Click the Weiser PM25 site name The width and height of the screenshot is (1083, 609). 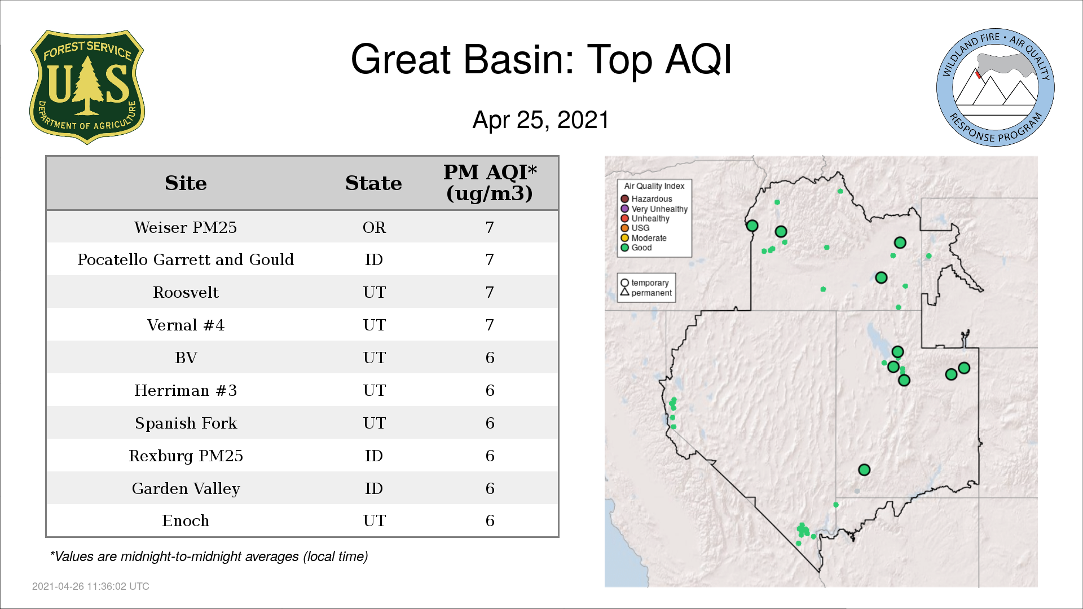[186, 227]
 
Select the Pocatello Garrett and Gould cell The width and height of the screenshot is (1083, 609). [186, 259]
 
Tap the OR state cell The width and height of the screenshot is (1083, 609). [374, 227]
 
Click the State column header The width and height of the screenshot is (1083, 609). [373, 183]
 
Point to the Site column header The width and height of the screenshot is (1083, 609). [186, 183]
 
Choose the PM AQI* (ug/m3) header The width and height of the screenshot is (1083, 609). [490, 183]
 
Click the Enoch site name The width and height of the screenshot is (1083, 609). [186, 520]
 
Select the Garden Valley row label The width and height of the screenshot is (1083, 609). [186, 488]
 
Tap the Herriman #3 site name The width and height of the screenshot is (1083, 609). [186, 390]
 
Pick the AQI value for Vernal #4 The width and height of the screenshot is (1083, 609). [490, 325]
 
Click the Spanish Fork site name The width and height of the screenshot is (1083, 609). [186, 423]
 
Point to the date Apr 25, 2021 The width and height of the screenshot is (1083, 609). [541, 120]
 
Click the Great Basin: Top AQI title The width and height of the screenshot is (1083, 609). [541, 59]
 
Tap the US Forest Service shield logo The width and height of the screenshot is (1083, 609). [87, 87]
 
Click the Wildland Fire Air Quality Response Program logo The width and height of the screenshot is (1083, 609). [996, 87]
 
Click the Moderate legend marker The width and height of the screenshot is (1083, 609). [624, 238]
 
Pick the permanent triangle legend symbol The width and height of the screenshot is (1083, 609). [624, 292]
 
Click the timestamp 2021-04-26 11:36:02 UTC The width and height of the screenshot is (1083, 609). [91, 586]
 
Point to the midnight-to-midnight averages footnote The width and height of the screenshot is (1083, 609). [209, 557]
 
